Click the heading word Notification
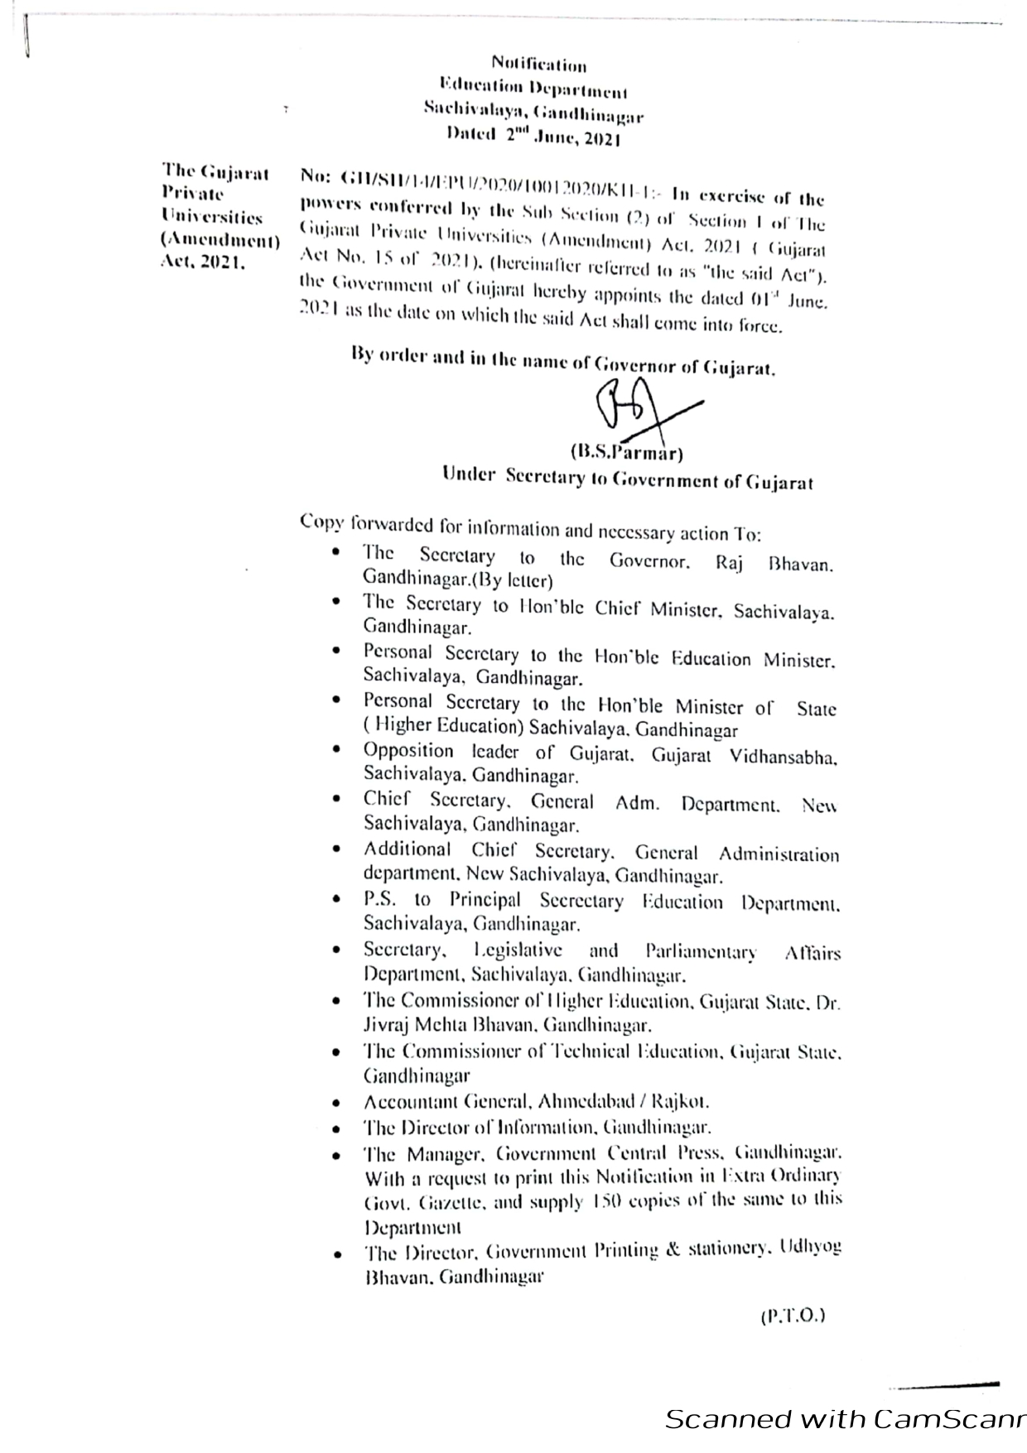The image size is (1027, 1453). (x=539, y=65)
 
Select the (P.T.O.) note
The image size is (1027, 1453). (x=793, y=1315)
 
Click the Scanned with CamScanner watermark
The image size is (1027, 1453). (x=845, y=1419)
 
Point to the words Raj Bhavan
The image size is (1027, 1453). (x=774, y=562)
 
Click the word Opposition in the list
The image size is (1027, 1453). (x=408, y=752)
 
